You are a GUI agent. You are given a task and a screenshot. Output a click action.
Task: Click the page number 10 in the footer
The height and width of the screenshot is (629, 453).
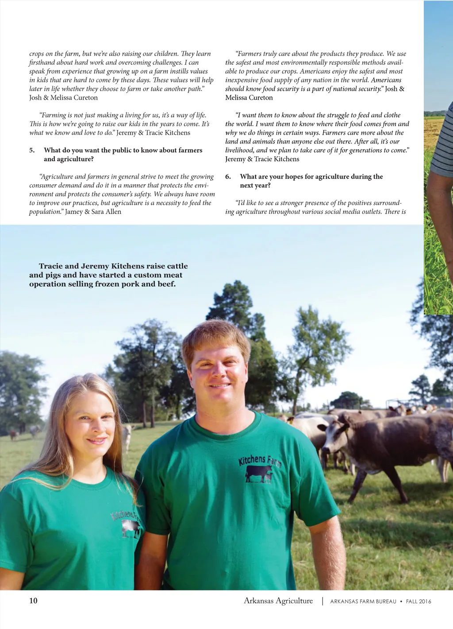coord(33,601)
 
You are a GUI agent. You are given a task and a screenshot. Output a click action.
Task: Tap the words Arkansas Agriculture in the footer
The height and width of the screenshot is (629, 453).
coord(278,601)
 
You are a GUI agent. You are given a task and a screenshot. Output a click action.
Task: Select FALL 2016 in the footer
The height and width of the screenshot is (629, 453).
coord(418,602)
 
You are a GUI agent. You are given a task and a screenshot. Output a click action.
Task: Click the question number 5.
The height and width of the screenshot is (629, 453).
coord(32,150)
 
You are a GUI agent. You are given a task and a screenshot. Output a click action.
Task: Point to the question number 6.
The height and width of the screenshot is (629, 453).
coord(228,176)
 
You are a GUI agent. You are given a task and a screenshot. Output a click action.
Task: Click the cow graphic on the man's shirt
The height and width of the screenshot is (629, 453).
coord(259,474)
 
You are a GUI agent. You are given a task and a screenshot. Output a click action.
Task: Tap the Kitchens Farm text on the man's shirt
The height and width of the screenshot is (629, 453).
coord(259,460)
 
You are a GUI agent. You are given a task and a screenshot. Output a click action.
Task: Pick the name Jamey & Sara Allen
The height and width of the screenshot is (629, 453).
coord(93,212)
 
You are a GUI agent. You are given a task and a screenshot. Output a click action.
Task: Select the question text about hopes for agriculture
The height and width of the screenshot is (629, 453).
coord(311,181)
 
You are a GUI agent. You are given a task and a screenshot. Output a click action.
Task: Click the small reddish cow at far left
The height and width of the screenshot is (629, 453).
coord(13,435)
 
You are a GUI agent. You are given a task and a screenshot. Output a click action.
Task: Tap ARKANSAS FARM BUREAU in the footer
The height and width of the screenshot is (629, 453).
coord(363,602)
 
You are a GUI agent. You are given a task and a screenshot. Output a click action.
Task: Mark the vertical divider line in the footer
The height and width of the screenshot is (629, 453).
coord(322,601)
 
